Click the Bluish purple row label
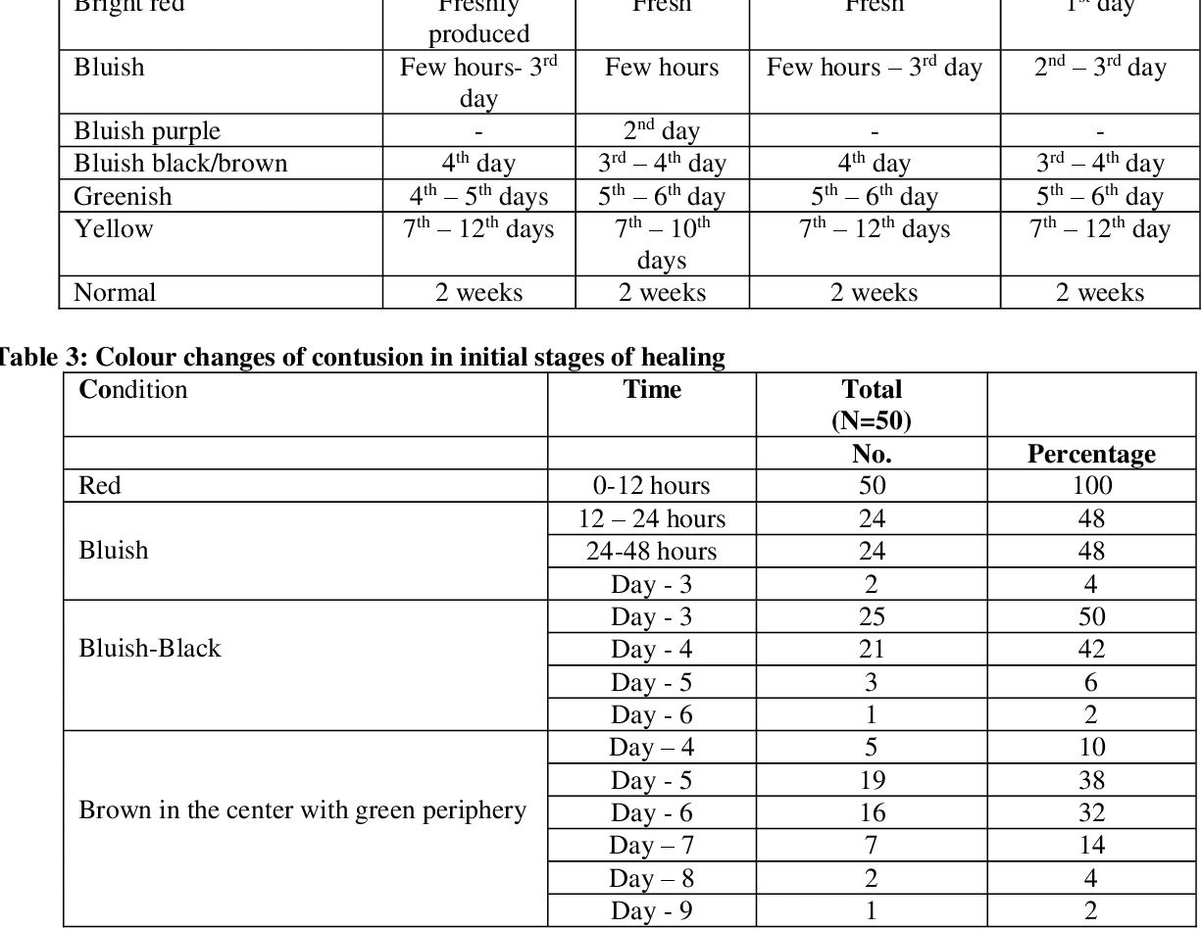147,131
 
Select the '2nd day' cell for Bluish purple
662,131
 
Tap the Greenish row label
123,196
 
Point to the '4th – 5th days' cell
479,196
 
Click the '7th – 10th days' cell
662,245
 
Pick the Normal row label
116,292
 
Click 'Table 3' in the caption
29,360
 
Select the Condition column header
132,389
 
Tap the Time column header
652,389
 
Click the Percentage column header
1091,455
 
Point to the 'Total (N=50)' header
872,405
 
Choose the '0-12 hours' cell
652,486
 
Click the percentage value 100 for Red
1091,486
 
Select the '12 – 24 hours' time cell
652,518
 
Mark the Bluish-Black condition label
150,649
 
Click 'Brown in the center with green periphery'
302,811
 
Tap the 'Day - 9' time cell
652,909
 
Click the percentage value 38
1091,779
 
